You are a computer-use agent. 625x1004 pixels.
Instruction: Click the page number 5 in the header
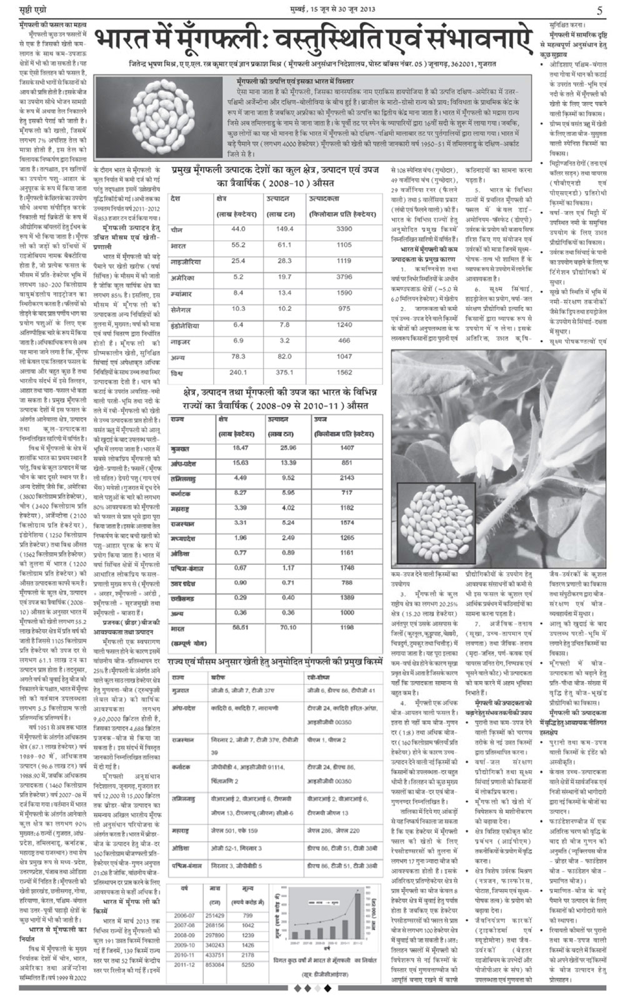coord(599,11)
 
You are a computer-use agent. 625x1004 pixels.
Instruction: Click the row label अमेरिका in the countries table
coord(184,276)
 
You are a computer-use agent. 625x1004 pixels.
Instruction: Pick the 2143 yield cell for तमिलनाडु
coord(347,478)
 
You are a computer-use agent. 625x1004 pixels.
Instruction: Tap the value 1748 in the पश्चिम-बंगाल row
coord(347,568)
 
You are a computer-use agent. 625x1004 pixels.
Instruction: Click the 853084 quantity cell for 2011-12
coord(214,947)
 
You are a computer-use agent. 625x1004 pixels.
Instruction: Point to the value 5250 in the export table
coord(247,947)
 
